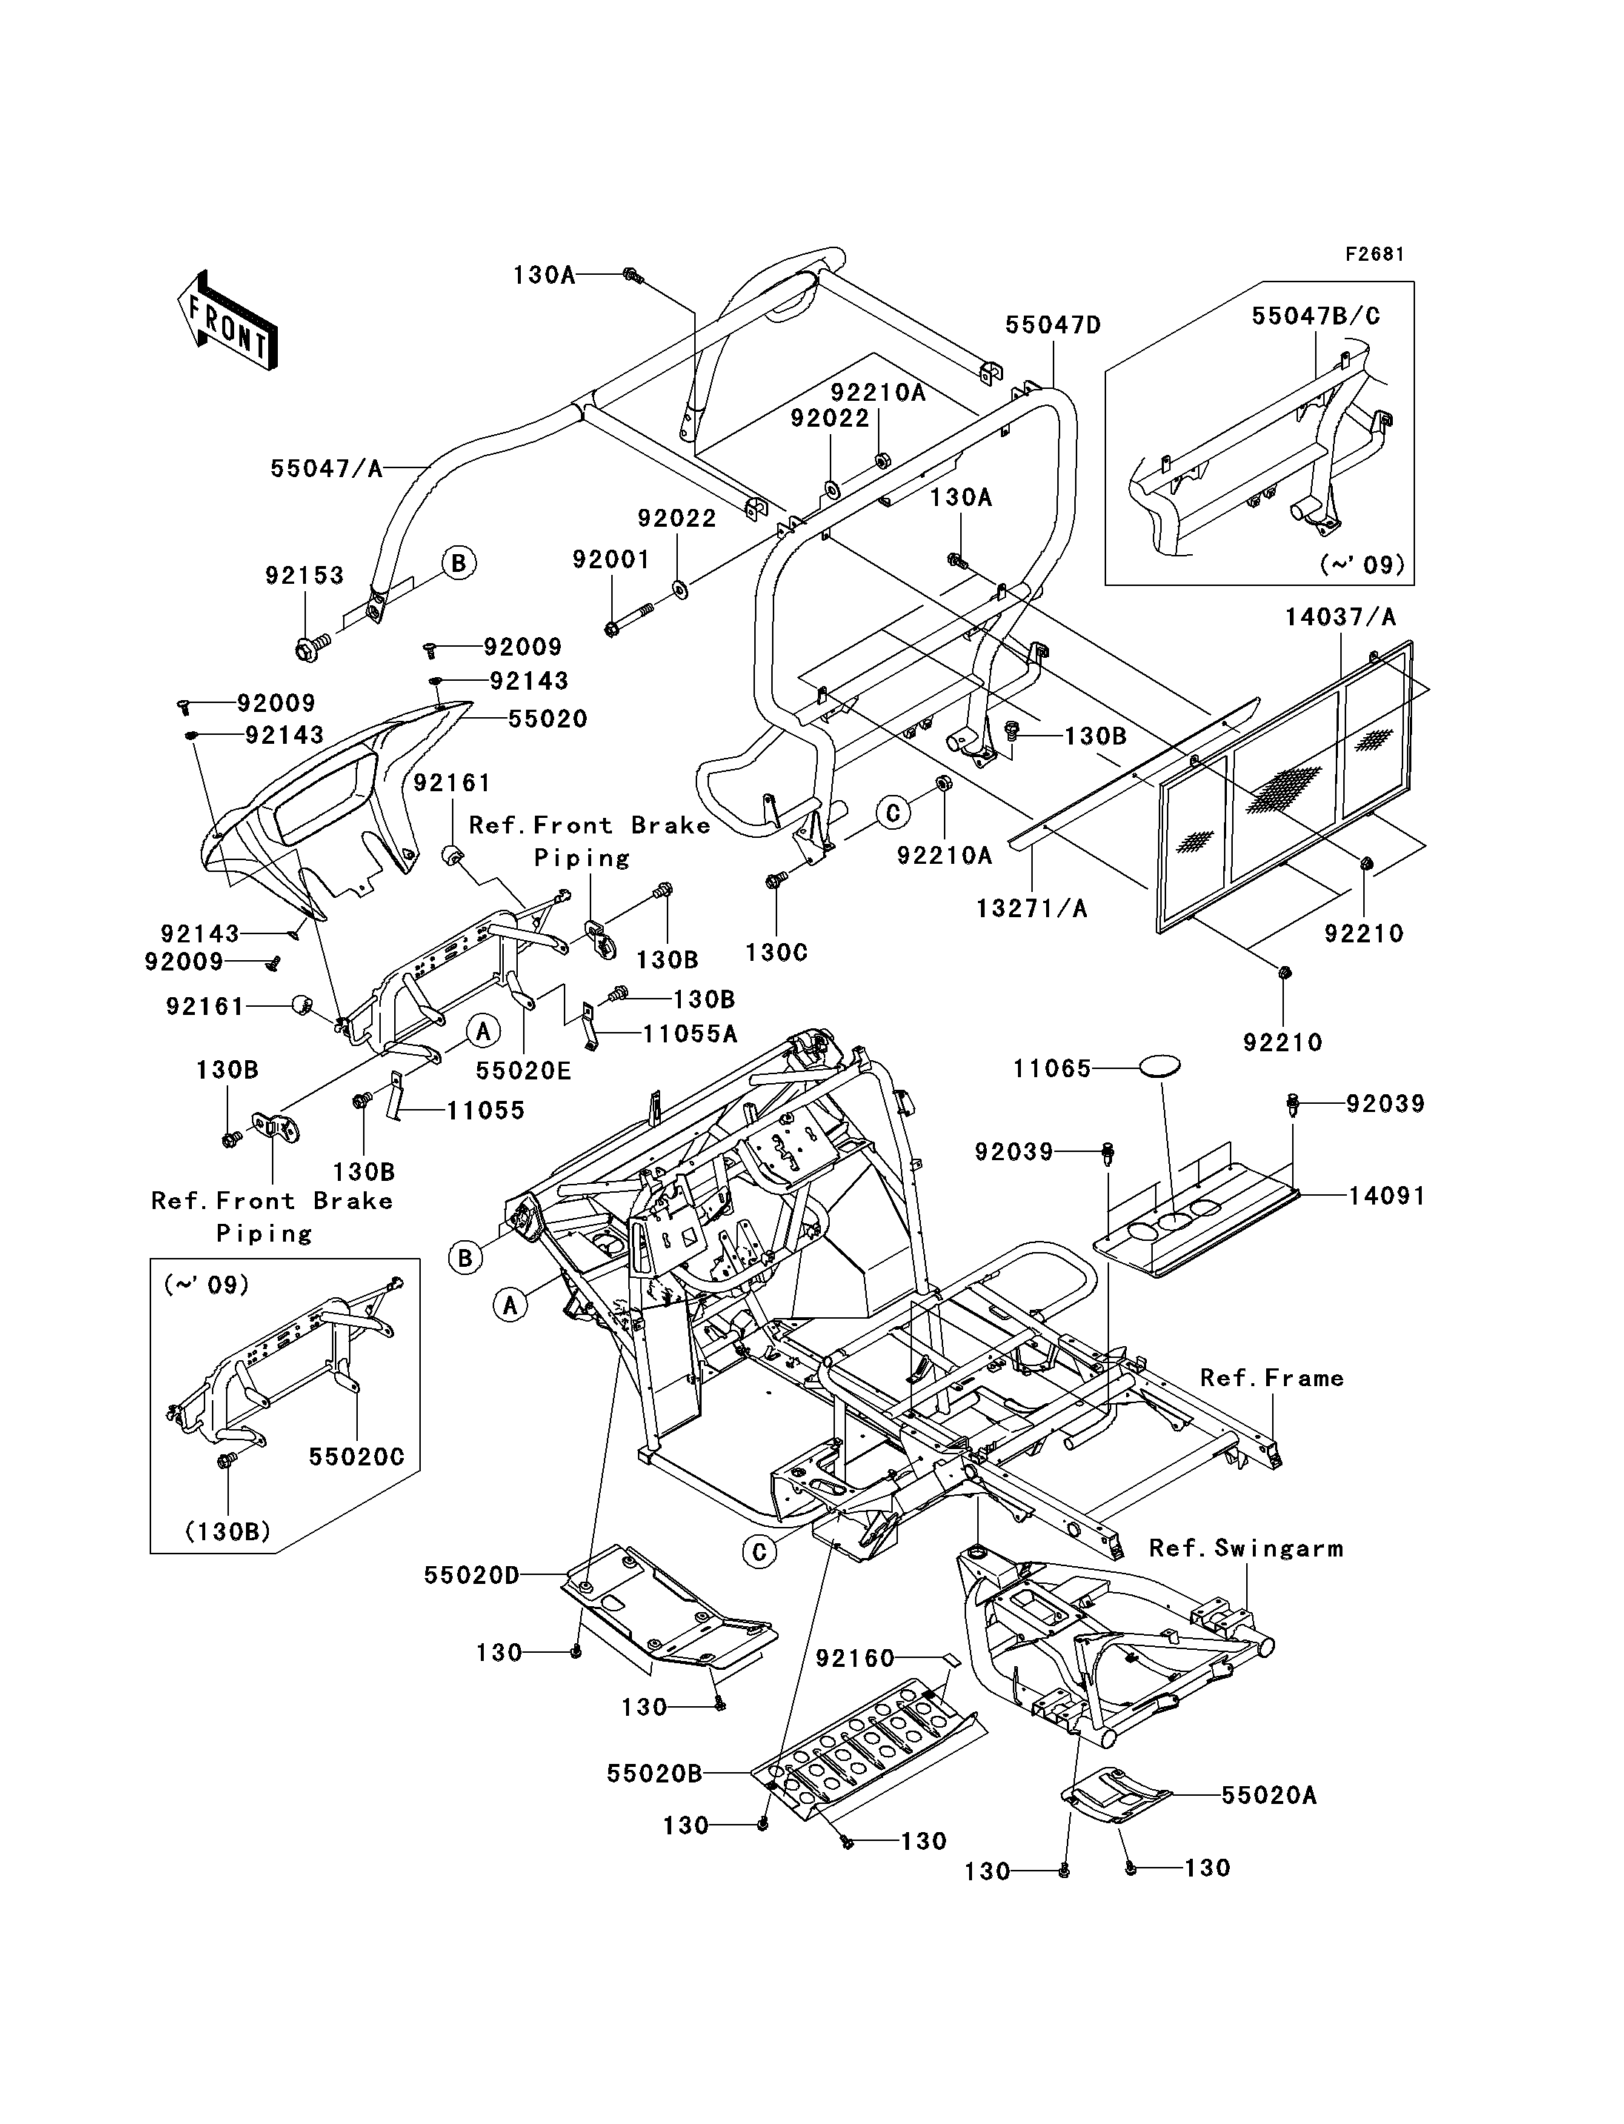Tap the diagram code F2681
[x=1374, y=254]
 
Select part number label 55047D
[x=1053, y=324]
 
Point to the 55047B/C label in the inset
[x=1316, y=316]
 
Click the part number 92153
[x=304, y=575]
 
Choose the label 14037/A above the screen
[x=1340, y=617]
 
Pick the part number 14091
[x=1386, y=1196]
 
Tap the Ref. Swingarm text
[x=1246, y=1548]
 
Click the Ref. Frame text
[x=1272, y=1378]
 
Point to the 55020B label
[x=654, y=1773]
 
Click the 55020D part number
[x=472, y=1575]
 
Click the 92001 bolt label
[x=611, y=560]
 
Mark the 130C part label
[x=776, y=952]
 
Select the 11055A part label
[x=690, y=1034]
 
